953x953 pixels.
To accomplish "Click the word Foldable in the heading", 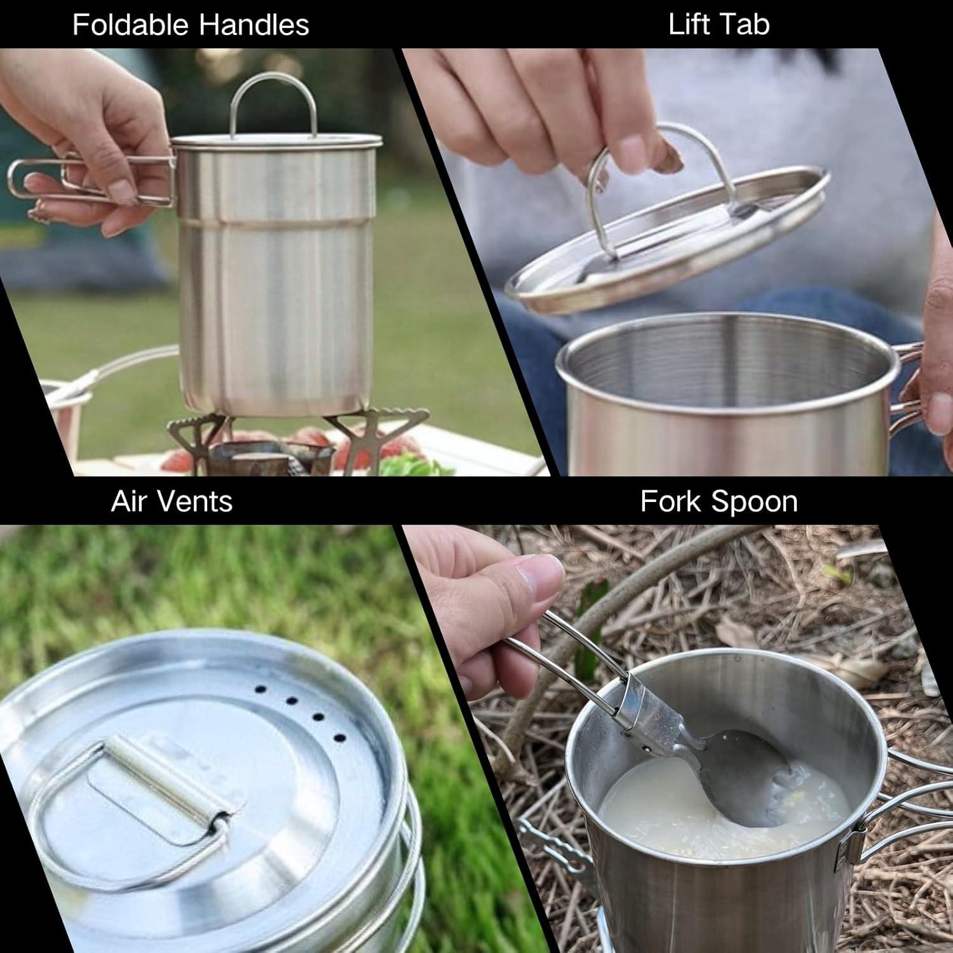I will tap(132, 25).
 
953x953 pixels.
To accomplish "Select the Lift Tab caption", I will tap(719, 24).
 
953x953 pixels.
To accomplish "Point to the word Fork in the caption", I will tap(670, 501).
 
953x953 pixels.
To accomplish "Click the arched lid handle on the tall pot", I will tap(273, 102).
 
